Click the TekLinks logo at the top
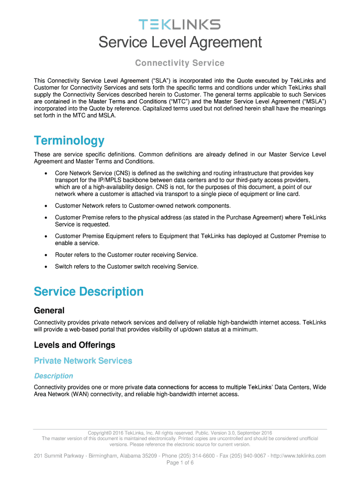pyautogui.click(x=180, y=24)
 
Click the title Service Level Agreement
pyautogui.click(x=180, y=43)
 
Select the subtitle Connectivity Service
pyautogui.click(x=180, y=63)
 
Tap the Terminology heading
pyautogui.click(x=69, y=140)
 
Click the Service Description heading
pyautogui.click(x=88, y=291)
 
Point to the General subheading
pyautogui.click(x=49, y=311)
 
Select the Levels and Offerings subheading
pyautogui.click(x=74, y=345)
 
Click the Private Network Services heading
pyautogui.click(x=83, y=361)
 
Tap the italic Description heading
pyautogui.click(x=53, y=376)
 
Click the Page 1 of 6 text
pyautogui.click(x=180, y=463)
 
